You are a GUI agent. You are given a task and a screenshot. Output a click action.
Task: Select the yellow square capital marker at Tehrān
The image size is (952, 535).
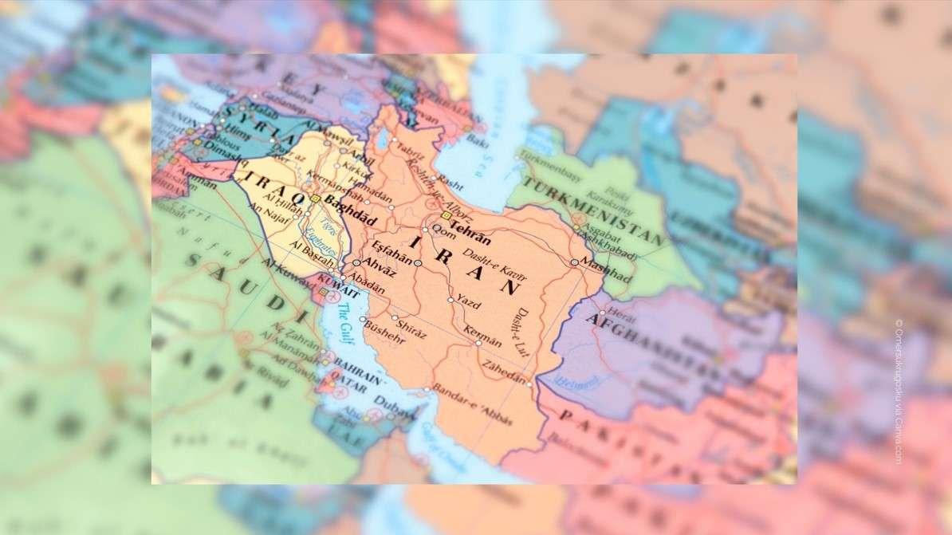[445, 215]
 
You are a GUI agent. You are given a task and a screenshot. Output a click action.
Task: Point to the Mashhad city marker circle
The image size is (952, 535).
[574, 262]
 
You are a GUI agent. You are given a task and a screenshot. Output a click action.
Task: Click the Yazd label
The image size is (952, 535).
[469, 304]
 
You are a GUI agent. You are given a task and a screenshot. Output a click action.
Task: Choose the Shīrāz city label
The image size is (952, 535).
[411, 328]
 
